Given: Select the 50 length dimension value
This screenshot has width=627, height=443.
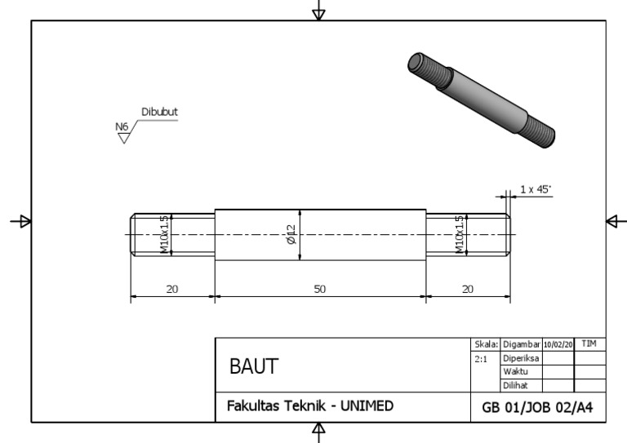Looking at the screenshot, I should click(320, 290).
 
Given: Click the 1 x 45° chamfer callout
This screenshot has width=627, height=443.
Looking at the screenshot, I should click(535, 189).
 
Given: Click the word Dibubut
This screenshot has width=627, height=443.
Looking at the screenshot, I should click(160, 113).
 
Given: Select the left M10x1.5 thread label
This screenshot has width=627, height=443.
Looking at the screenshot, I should click(165, 235).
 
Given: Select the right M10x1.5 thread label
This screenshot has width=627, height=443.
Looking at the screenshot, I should click(460, 235).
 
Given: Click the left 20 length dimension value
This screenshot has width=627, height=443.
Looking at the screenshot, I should click(172, 290).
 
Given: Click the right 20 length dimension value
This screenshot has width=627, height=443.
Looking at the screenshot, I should click(468, 290).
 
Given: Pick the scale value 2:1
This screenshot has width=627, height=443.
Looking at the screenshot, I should click(482, 358).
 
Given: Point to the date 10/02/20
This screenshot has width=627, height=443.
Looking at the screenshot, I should click(559, 346).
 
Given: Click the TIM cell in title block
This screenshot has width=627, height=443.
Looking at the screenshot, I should click(590, 346).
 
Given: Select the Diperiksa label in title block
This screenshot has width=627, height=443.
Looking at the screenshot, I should click(521, 358).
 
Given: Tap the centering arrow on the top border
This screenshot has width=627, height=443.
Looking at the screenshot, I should click(319, 12).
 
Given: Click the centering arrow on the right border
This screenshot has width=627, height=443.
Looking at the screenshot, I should click(614, 221).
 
